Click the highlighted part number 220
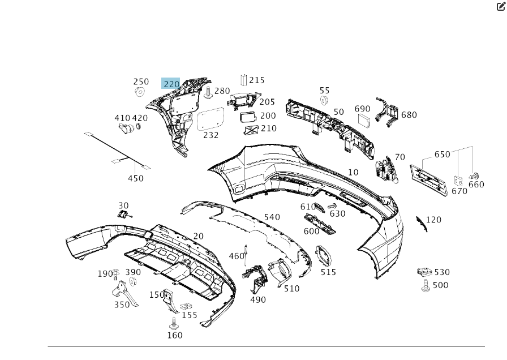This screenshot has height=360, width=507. pos(171,84)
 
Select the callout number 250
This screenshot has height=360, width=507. pos(141,82)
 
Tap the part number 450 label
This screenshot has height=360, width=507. pos(135,178)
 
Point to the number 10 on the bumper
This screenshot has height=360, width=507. pos(353,172)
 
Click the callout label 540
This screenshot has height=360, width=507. pos(272,217)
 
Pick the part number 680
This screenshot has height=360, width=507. pos(409,115)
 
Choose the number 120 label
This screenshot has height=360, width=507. pos(433,220)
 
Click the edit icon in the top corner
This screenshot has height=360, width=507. pos(501,7)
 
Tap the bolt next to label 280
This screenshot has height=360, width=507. pos(208,92)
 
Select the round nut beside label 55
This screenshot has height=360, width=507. pos(325,101)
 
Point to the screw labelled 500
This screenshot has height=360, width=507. pos(426,286)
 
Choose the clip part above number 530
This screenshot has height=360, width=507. pos(424,273)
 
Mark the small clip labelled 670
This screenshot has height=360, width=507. pos(459,181)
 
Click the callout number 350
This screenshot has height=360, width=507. pos(122,305)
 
